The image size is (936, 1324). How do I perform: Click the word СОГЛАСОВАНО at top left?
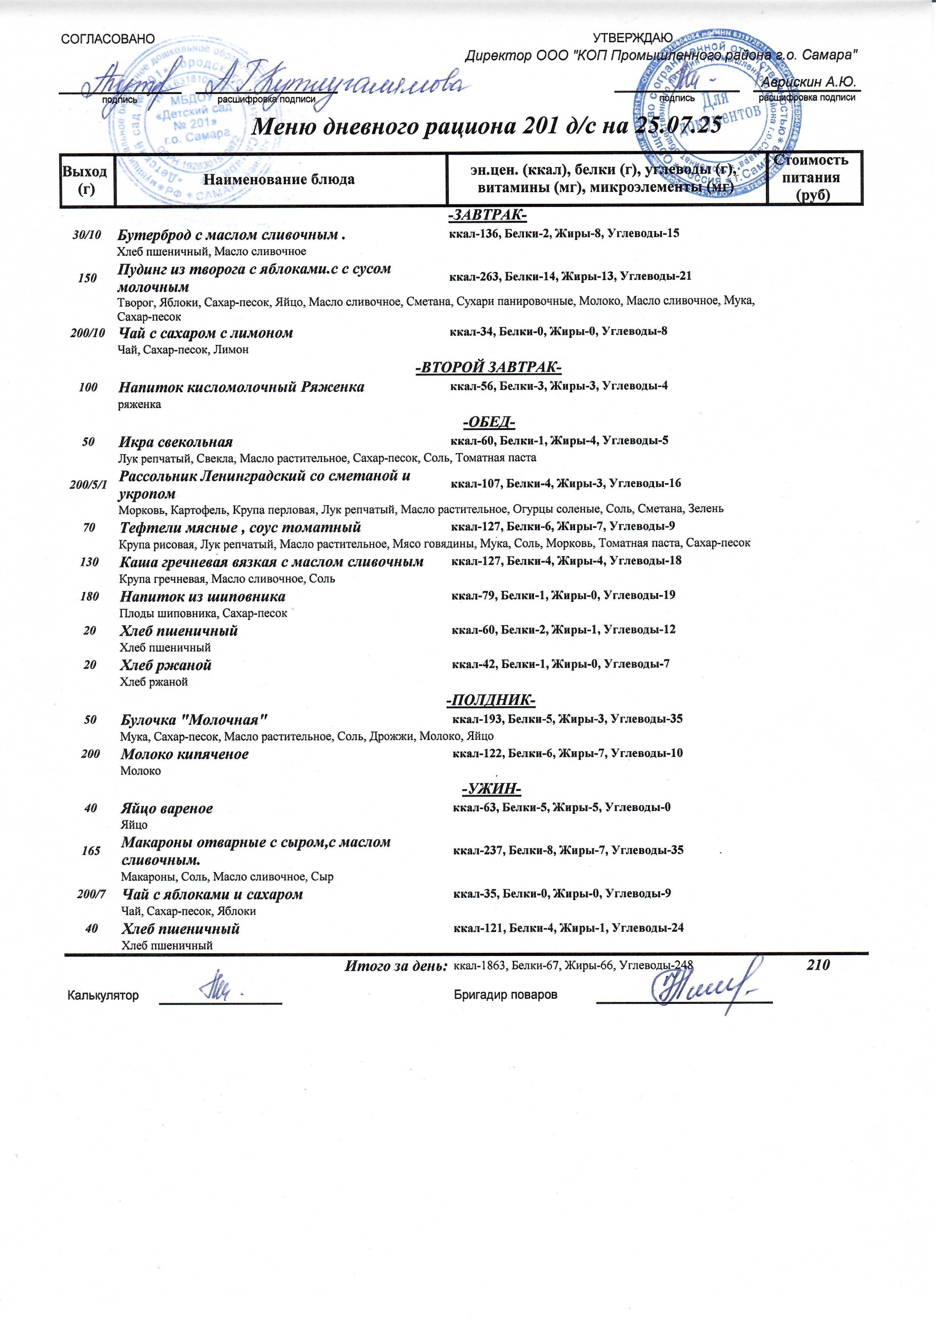pyautogui.click(x=108, y=39)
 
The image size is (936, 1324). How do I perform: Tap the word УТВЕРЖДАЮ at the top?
pyautogui.click(x=633, y=38)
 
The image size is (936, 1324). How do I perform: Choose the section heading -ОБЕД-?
pyautogui.click(x=489, y=423)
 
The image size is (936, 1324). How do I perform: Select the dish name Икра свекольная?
pyautogui.click(x=176, y=442)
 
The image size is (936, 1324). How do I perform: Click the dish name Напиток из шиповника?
pyautogui.click(x=202, y=596)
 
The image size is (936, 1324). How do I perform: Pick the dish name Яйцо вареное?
pyautogui.click(x=167, y=808)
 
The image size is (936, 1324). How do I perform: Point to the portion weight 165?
pyautogui.click(x=91, y=851)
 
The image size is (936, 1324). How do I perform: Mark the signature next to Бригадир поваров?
pyautogui.click(x=702, y=990)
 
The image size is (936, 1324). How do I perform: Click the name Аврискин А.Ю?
pyautogui.click(x=808, y=82)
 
